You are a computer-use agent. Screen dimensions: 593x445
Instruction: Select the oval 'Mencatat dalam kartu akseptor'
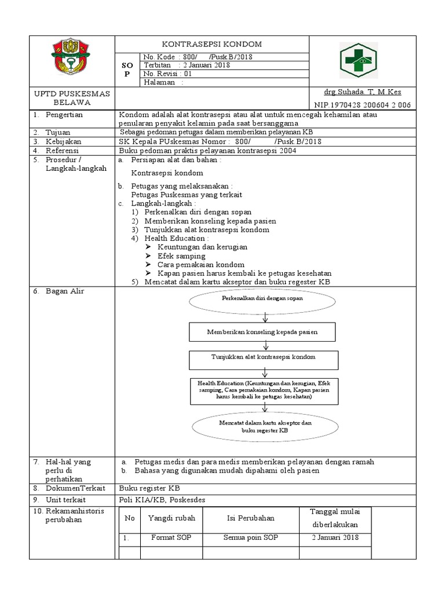point(265,427)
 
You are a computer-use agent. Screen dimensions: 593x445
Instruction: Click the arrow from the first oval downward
point(265,317)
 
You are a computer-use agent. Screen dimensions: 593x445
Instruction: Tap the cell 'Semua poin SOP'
point(251,537)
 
